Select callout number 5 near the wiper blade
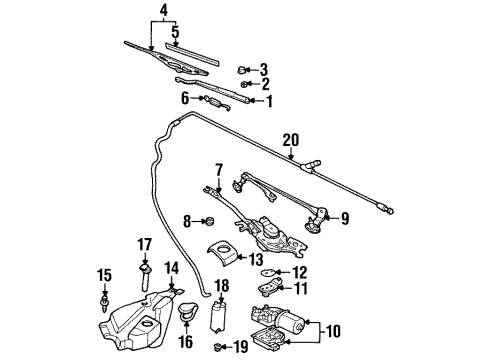pos(175,32)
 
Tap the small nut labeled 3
pos(243,69)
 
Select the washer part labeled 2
pos(246,84)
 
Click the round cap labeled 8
pos(212,220)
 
